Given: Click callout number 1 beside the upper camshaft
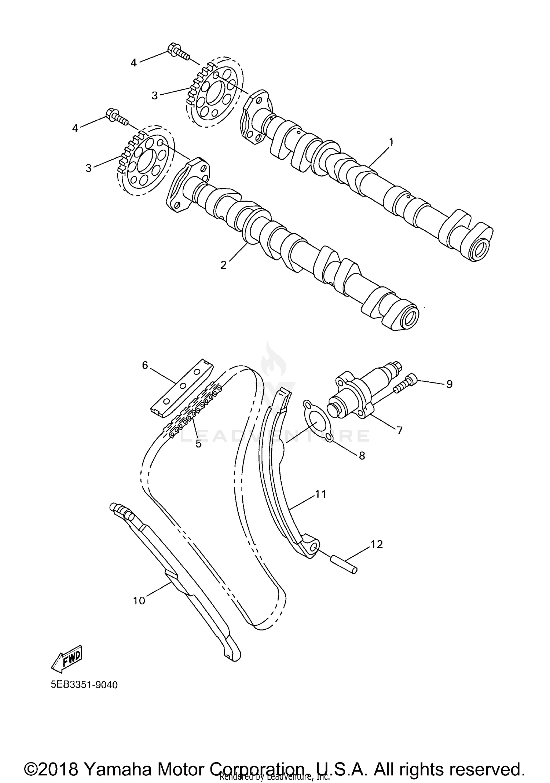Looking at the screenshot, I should [x=391, y=142].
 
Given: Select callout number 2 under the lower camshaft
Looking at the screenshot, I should [x=223, y=265].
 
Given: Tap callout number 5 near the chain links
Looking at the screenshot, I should [x=198, y=444].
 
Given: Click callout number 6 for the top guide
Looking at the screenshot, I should [x=145, y=365].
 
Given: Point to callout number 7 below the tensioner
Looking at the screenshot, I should [x=399, y=430].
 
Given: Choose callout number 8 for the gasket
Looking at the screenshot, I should [x=362, y=455].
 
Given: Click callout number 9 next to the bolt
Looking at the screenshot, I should [x=449, y=384].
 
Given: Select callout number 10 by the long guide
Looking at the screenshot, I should [x=139, y=601].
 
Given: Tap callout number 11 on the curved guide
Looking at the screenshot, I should [x=320, y=494].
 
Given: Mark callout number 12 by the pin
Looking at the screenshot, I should [x=377, y=545].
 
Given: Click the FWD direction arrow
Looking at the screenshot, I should [x=67, y=659].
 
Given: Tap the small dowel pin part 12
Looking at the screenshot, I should [x=344, y=565].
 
